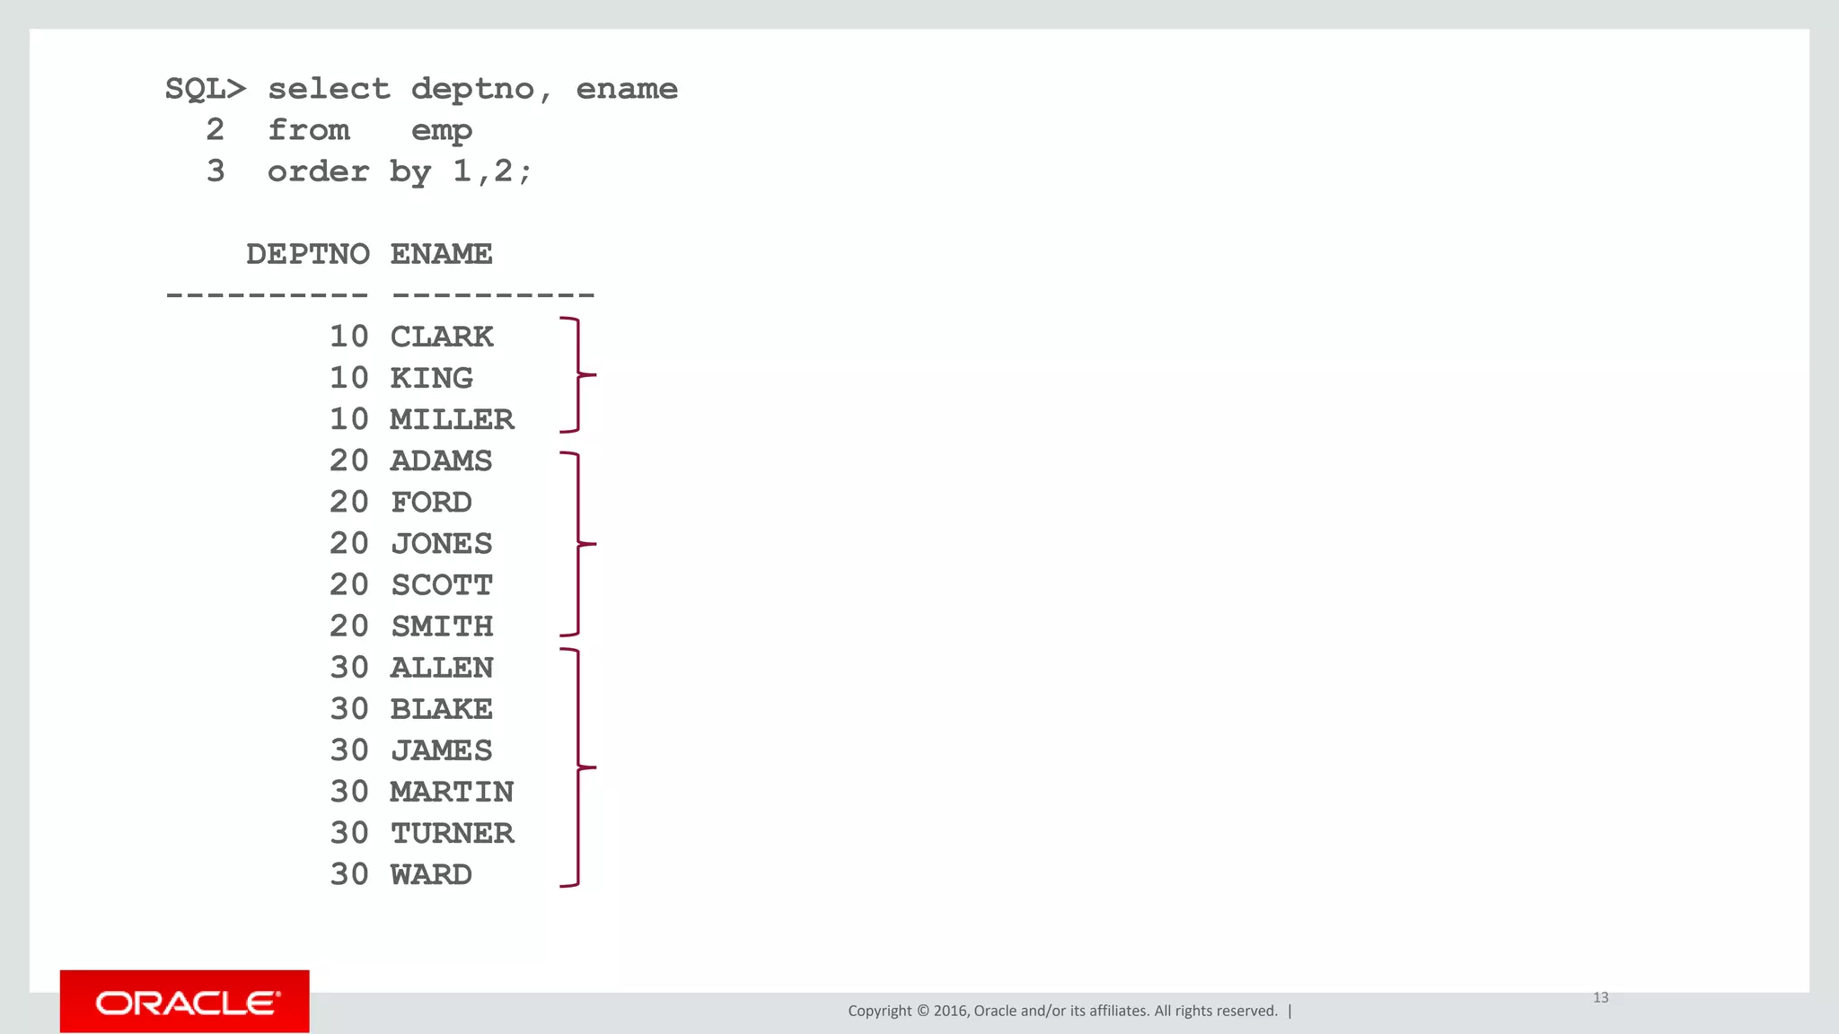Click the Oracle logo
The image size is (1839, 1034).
pyautogui.click(x=185, y=1002)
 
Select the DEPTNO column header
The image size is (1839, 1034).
pyautogui.click(x=308, y=254)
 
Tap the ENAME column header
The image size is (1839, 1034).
pyautogui.click(x=441, y=254)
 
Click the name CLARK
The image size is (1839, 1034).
pyautogui.click(x=441, y=337)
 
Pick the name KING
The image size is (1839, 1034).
pyautogui.click(x=431, y=378)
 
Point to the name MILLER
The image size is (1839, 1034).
pyautogui.click(x=452, y=419)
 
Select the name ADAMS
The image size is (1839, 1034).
pyautogui.click(x=441, y=460)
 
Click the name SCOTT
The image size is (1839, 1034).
pyautogui.click(x=441, y=585)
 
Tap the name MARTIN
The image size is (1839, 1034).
pyautogui.click(x=452, y=792)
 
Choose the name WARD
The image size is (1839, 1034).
pyautogui.click(x=431, y=874)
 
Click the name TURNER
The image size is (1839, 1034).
pyautogui.click(x=452, y=833)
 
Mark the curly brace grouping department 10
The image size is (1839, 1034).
pyautogui.click(x=578, y=374)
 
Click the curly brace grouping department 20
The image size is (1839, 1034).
pyautogui.click(x=578, y=544)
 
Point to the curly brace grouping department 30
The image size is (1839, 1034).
pyautogui.click(x=578, y=767)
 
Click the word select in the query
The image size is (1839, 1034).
pyautogui.click(x=329, y=89)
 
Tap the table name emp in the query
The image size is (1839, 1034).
pyautogui.click(x=441, y=131)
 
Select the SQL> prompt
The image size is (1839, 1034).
pyautogui.click(x=205, y=89)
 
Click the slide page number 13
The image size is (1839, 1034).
pyautogui.click(x=1600, y=997)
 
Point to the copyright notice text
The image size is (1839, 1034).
pyautogui.click(x=1062, y=1011)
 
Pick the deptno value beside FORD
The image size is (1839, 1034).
pyautogui.click(x=348, y=502)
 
